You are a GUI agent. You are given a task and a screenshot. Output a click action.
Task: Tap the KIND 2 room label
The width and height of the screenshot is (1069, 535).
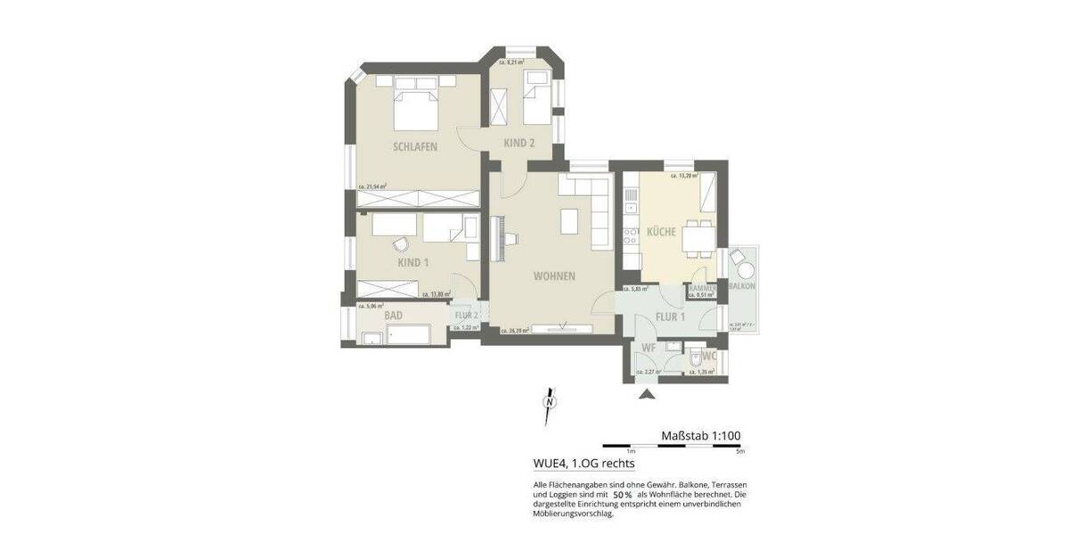point(518,143)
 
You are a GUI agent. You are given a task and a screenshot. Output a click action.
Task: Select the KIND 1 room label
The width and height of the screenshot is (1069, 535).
point(412,262)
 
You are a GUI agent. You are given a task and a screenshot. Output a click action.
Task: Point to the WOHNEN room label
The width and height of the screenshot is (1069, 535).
point(553,276)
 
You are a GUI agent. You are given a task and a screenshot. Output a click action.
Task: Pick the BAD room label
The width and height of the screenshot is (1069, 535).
point(393,316)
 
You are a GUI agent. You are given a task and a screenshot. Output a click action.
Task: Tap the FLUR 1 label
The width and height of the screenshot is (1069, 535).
point(670,316)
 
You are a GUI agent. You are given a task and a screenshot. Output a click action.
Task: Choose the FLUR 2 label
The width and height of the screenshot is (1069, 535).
point(468,316)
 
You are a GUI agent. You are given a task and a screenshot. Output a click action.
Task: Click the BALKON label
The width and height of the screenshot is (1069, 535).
point(742,286)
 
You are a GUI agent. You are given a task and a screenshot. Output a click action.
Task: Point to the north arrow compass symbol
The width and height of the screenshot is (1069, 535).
point(550,402)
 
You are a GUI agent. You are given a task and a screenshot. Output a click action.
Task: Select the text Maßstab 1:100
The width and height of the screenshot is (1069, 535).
point(701,436)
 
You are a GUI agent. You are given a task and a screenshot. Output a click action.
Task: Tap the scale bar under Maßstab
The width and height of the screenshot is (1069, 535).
point(673,445)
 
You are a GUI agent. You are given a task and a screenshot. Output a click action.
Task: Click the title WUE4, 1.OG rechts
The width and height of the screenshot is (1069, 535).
point(583,464)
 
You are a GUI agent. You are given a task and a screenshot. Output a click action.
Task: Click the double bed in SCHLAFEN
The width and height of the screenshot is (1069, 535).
point(415,108)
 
